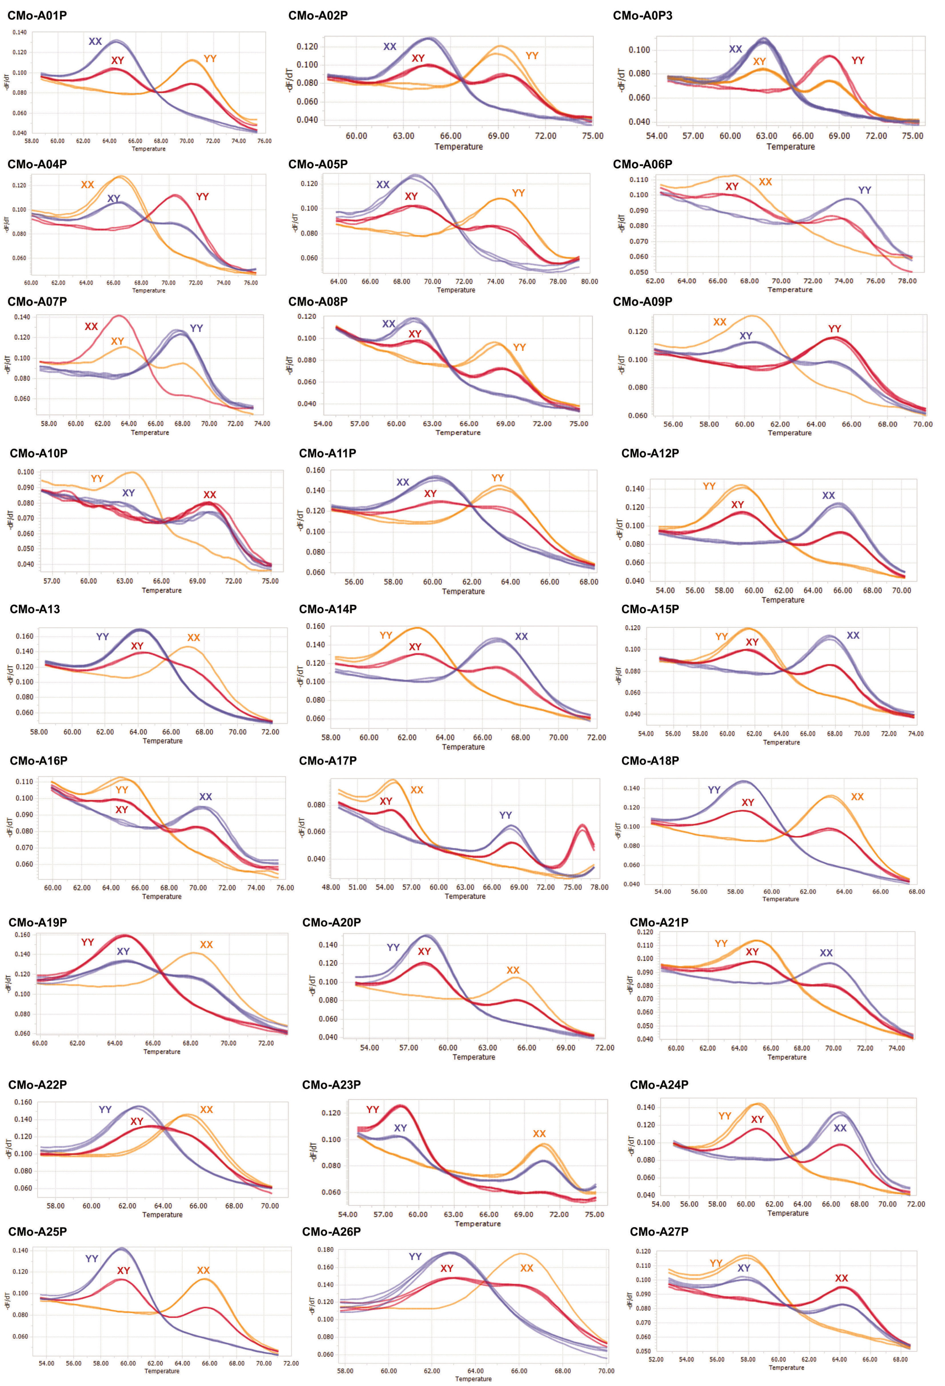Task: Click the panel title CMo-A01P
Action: tap(37, 15)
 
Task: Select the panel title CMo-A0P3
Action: tap(642, 15)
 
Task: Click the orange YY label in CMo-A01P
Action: tap(210, 59)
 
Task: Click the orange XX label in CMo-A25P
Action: tap(203, 1270)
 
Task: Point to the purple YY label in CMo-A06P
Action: tap(864, 190)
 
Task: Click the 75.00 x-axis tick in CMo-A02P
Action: tap(593, 135)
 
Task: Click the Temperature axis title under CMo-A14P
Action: tap(463, 747)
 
